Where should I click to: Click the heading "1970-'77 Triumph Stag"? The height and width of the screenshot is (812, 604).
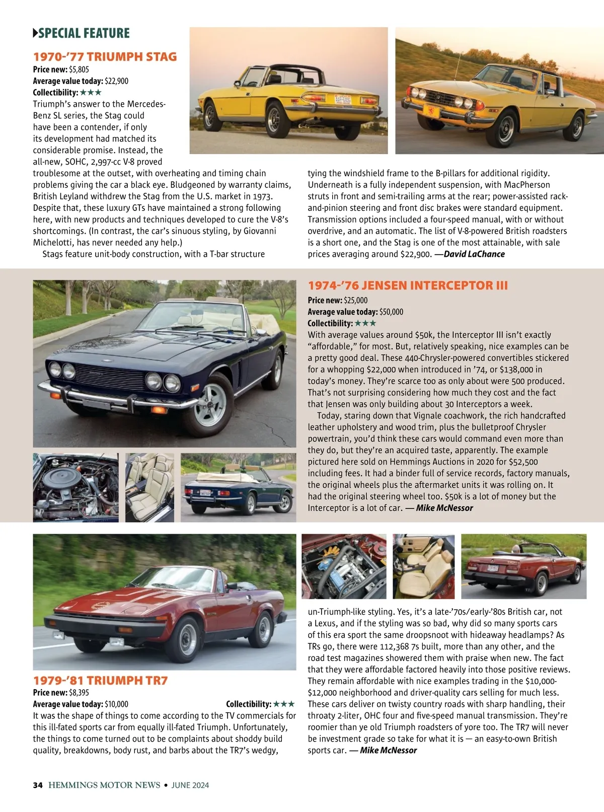pos(105,56)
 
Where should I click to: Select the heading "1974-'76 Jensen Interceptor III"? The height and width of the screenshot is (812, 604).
pos(408,285)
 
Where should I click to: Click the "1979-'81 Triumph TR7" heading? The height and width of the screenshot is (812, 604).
pos(100,681)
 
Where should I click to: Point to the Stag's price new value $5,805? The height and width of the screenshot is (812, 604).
pos(79,69)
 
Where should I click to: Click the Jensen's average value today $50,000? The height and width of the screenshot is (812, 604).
pos(391,312)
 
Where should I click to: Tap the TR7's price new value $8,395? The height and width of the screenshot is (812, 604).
pos(79,692)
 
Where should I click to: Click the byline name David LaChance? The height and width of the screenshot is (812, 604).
pos(474,254)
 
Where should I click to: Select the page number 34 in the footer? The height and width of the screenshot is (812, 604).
pos(38,785)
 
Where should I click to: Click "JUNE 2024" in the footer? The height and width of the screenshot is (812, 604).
pos(190,785)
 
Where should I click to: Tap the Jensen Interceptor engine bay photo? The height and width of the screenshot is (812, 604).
pos(75,487)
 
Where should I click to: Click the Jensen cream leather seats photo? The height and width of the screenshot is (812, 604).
pos(149,487)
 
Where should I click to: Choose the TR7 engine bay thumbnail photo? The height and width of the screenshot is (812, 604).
pos(344,566)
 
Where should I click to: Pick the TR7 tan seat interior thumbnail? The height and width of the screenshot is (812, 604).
pos(423,566)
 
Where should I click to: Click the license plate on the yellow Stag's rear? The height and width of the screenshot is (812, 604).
pos(342,99)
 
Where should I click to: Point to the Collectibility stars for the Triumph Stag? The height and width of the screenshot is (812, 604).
pos(91,93)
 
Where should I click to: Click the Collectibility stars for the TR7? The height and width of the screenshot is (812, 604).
pos(284,704)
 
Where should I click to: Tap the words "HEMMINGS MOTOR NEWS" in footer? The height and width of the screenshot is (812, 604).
pos(104,785)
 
